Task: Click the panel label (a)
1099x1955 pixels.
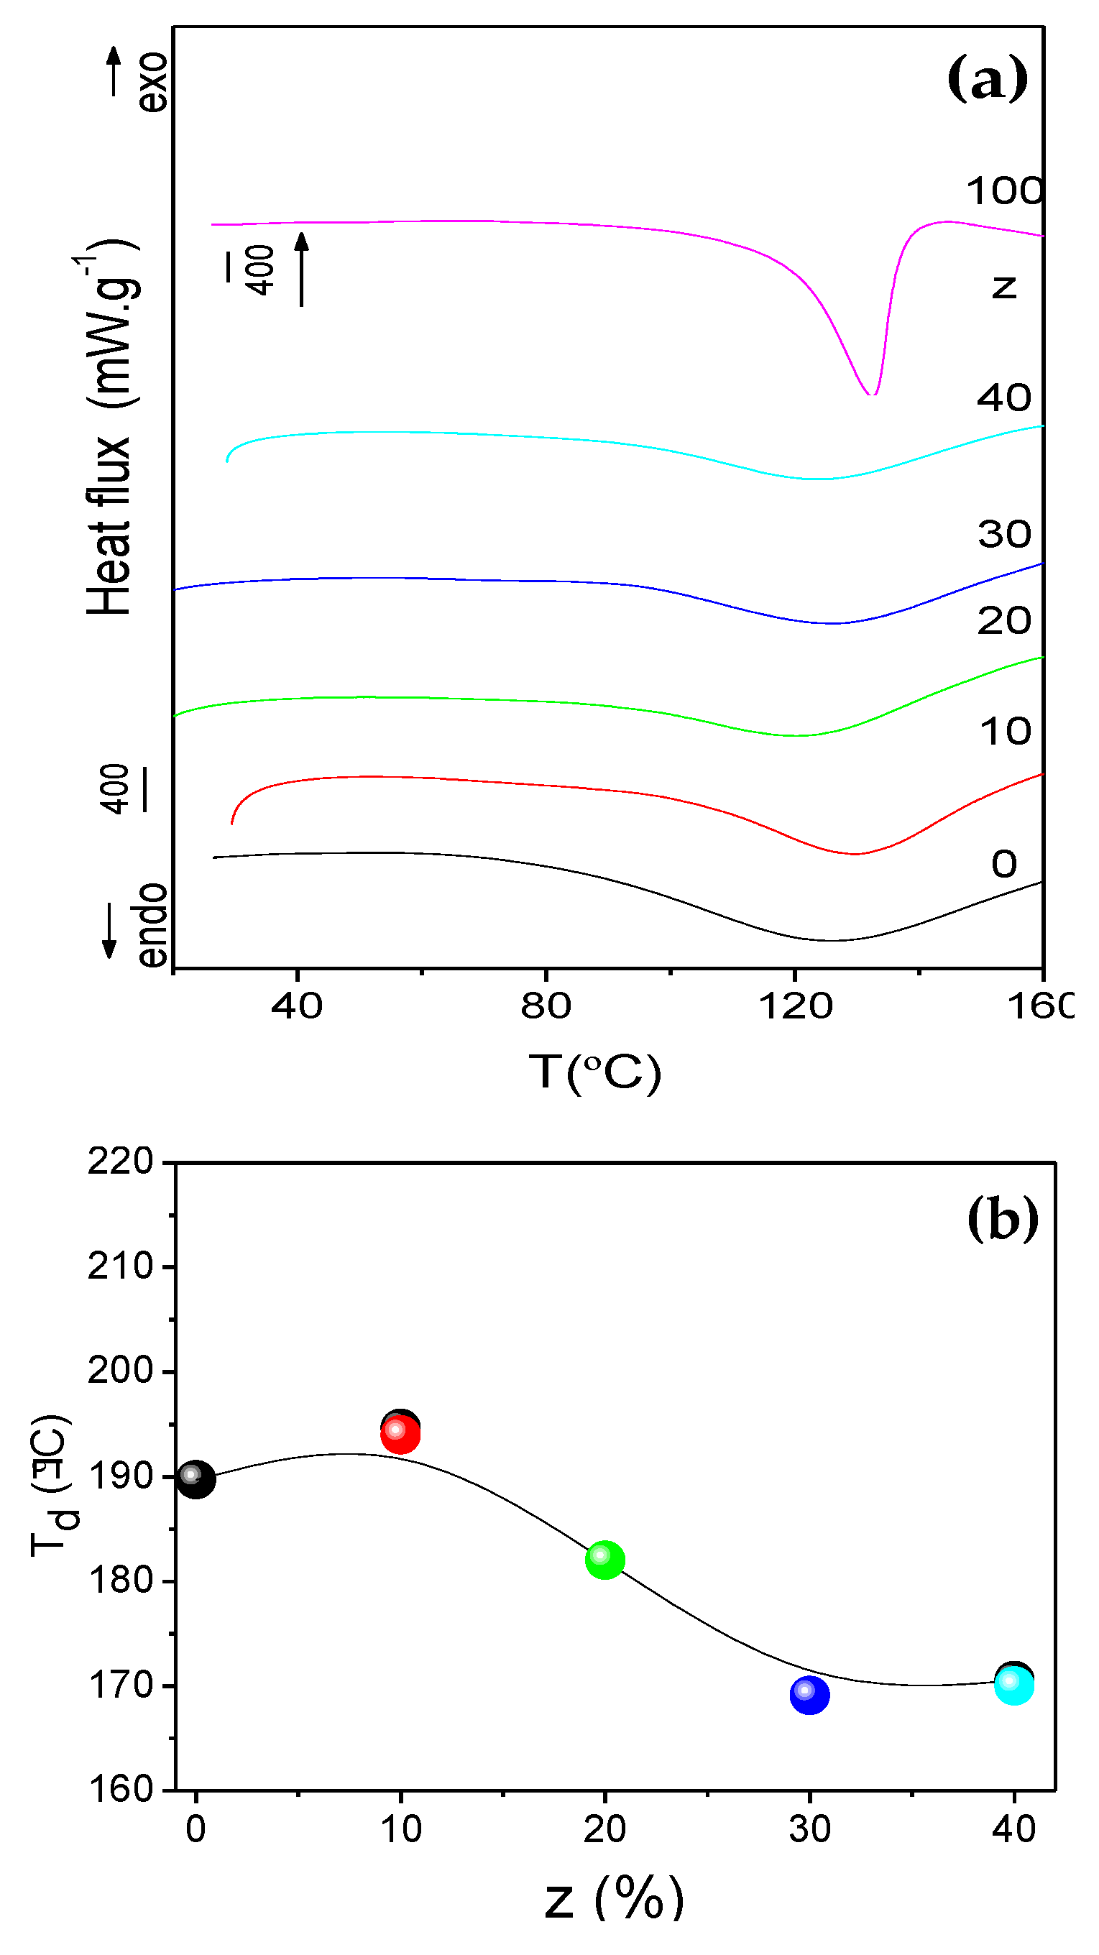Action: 987,78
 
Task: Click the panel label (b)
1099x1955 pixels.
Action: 1002,1219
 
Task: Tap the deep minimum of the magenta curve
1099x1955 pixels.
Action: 872,392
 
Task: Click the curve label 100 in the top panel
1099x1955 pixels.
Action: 1003,190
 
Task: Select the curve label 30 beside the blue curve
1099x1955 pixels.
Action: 1003,534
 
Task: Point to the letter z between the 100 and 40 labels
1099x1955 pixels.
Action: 1003,287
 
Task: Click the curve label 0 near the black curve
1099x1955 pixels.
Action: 1003,864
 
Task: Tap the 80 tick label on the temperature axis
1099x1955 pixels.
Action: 545,1006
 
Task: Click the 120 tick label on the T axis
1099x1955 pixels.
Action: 795,1006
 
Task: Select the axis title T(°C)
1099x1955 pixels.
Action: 594,1072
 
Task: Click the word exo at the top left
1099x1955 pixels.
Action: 152,82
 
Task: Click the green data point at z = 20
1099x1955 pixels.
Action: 605,1560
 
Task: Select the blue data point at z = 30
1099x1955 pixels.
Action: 809,1694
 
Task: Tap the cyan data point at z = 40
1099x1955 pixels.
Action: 1014,1685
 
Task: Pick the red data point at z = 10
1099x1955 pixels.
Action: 400,1434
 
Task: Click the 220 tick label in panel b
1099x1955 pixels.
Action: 120,1161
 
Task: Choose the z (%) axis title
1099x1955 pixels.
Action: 614,1898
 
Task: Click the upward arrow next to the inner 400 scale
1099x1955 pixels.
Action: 302,269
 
